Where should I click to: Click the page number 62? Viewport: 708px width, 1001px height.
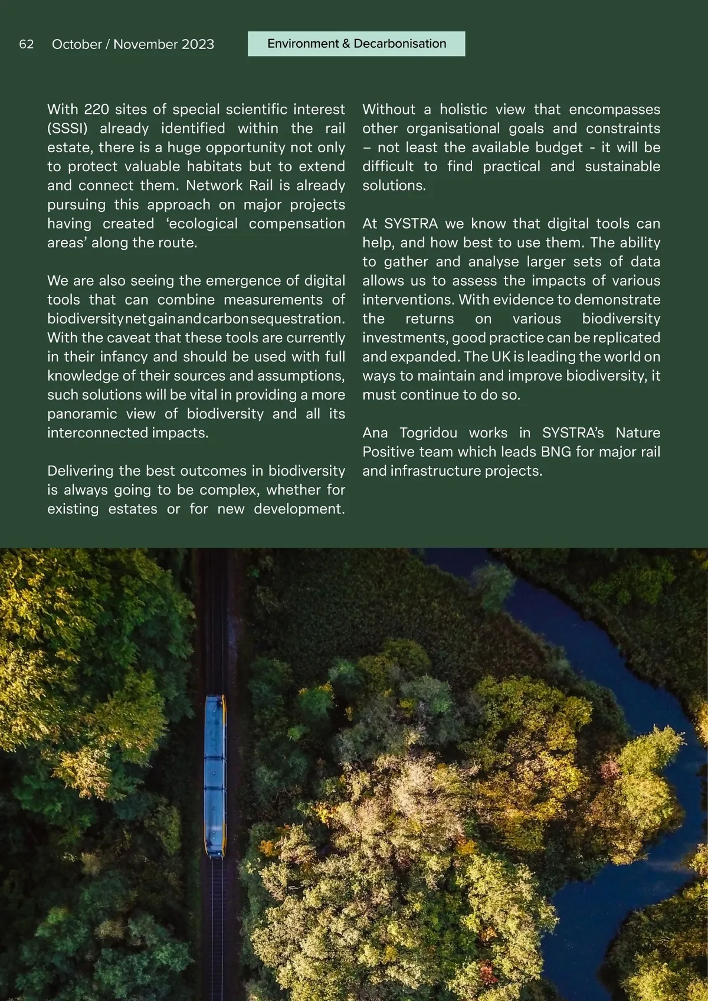[27, 44]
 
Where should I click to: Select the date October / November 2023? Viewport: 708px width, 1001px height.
[133, 44]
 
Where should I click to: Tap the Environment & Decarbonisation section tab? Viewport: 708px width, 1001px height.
[356, 44]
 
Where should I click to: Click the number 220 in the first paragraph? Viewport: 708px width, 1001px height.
[97, 109]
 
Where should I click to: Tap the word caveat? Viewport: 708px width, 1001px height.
[129, 338]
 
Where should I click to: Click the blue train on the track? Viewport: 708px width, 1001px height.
[215, 776]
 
